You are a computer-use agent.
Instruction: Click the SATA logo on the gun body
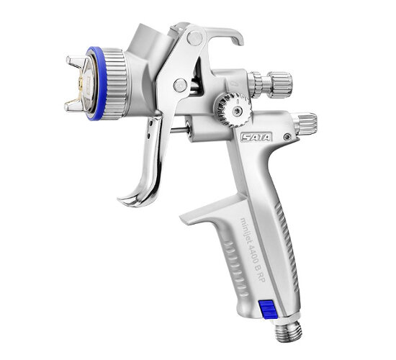pyautogui.click(x=256, y=138)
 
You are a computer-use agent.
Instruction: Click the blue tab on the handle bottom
pyautogui.click(x=269, y=308)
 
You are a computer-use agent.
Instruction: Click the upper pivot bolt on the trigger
pyautogui.click(x=194, y=38)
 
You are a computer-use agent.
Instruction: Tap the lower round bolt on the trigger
pyautogui.click(x=180, y=85)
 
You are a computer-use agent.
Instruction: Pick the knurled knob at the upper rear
pyautogui.click(x=273, y=84)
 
